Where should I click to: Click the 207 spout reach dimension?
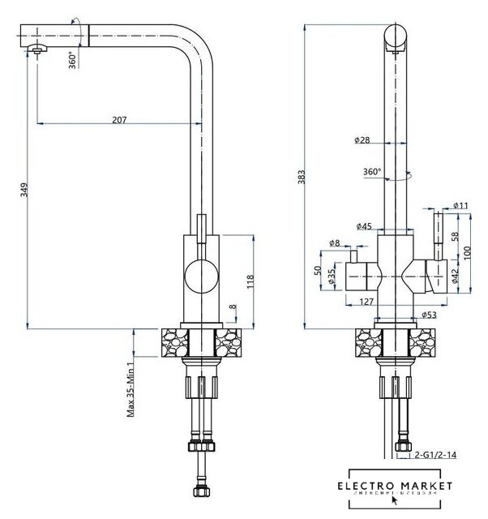[119, 120]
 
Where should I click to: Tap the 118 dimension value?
[250, 281]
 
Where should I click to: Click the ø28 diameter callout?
[362, 140]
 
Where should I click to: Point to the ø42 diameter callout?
[455, 277]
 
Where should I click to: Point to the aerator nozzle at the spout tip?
[38, 51]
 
